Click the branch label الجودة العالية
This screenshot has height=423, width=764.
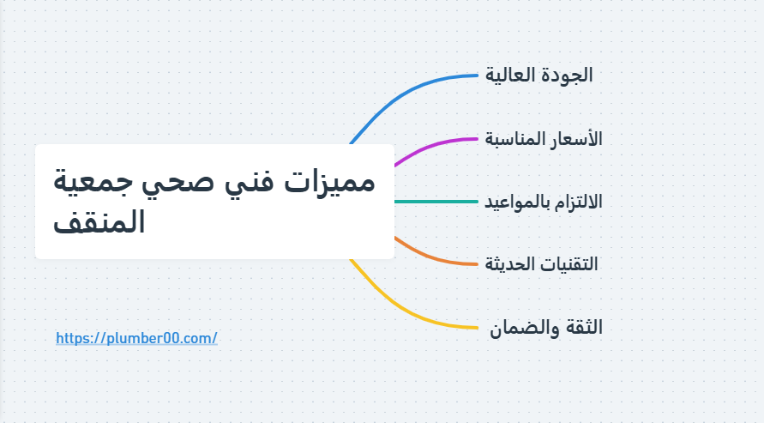point(539,75)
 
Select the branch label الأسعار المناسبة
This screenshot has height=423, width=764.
point(544,138)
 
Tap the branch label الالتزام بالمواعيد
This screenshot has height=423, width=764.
point(544,202)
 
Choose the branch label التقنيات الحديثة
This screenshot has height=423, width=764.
point(542,263)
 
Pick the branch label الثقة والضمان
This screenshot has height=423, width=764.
point(546,327)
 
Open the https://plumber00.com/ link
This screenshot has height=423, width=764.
point(136,339)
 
